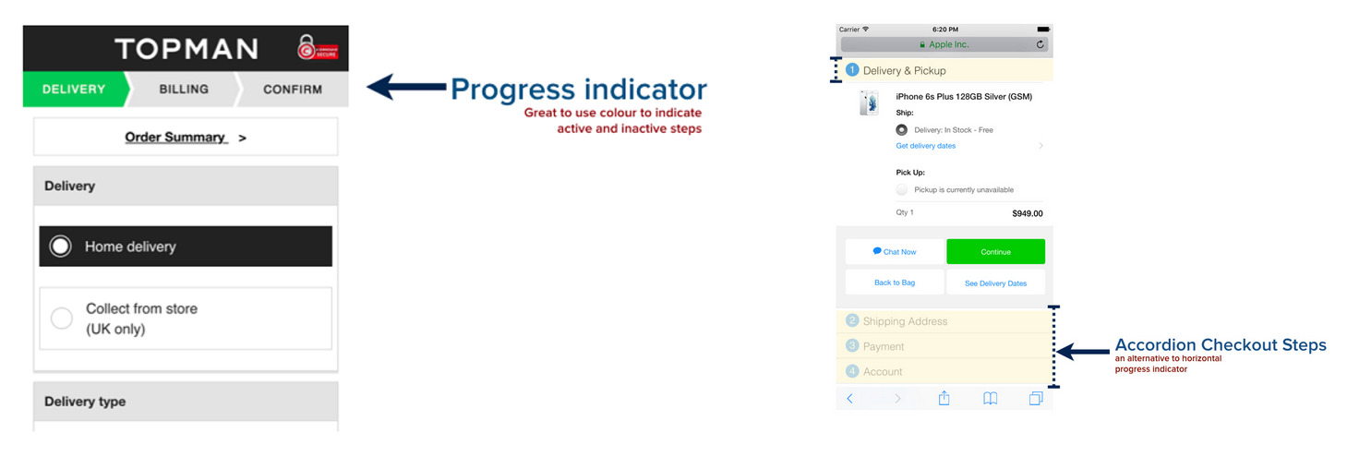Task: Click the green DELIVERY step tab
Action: (x=74, y=90)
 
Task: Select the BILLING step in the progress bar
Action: (x=184, y=90)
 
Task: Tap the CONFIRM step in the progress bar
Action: (x=292, y=90)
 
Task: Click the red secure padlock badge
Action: (x=317, y=48)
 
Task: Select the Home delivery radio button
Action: (x=61, y=247)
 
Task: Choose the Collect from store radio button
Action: (x=62, y=319)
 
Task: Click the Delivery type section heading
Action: (x=85, y=402)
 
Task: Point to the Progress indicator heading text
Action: (x=578, y=90)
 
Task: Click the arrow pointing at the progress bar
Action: (x=406, y=88)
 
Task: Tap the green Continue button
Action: (x=995, y=252)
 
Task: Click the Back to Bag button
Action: (x=895, y=283)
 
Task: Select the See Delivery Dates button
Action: (x=995, y=283)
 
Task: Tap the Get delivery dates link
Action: (x=925, y=146)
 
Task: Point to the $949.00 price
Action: (x=1027, y=213)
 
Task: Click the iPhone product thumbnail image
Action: (x=869, y=102)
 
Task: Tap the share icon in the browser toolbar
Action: (x=944, y=398)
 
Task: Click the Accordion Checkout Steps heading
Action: (x=1220, y=345)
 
